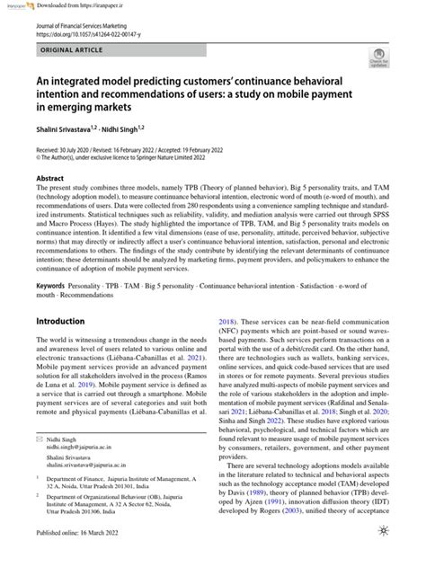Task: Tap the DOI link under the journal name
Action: (x=94, y=36)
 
